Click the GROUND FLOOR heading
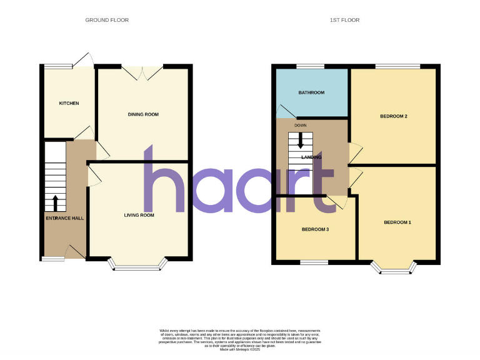107,20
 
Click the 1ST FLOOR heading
344,20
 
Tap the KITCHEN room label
69,103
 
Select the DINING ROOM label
143,114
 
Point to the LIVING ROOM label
139,215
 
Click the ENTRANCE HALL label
65,219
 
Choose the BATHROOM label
311,92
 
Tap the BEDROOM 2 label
394,116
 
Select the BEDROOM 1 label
397,222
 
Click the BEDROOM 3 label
316,229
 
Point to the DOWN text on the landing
301,125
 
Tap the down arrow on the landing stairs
301,142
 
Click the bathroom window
306,66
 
